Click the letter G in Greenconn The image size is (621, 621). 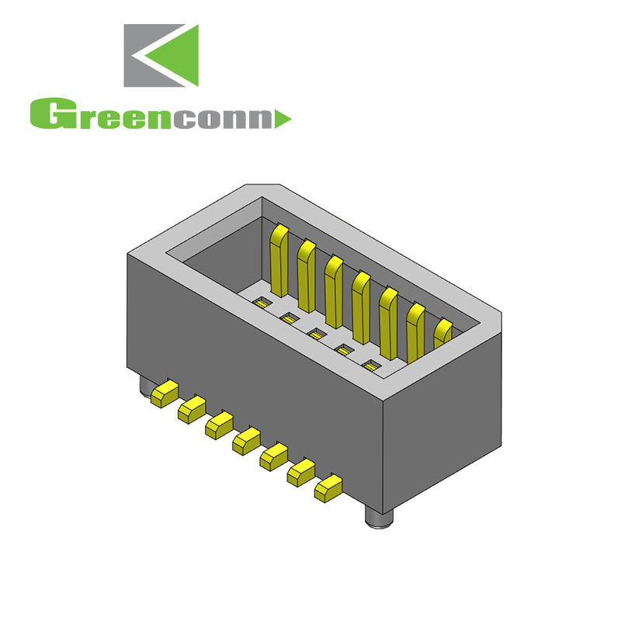48,114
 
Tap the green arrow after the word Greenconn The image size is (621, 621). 283,119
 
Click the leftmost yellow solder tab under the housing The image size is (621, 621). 163,394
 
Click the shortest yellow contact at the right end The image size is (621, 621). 442,334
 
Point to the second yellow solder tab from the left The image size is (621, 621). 190,409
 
